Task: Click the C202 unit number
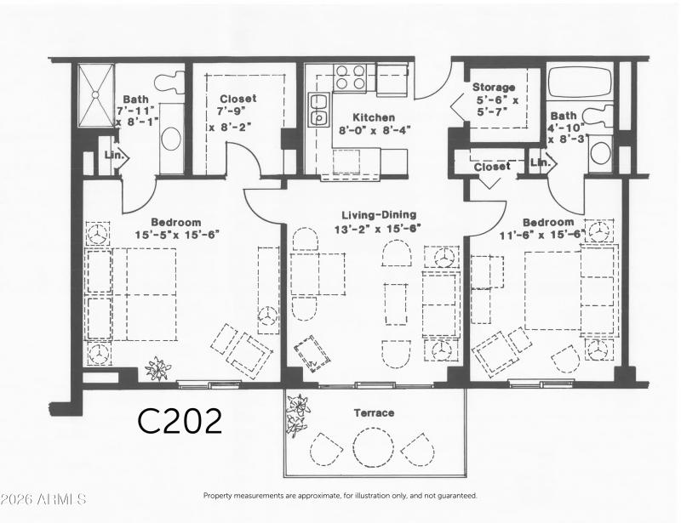tap(180, 420)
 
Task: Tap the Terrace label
tap(374, 413)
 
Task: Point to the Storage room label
tap(494, 88)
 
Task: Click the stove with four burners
tap(352, 77)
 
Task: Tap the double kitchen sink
tap(319, 110)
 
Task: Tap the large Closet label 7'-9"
tap(237, 99)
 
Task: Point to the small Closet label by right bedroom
tap(492, 167)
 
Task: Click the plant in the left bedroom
tap(158, 369)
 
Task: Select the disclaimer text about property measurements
tap(340, 495)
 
